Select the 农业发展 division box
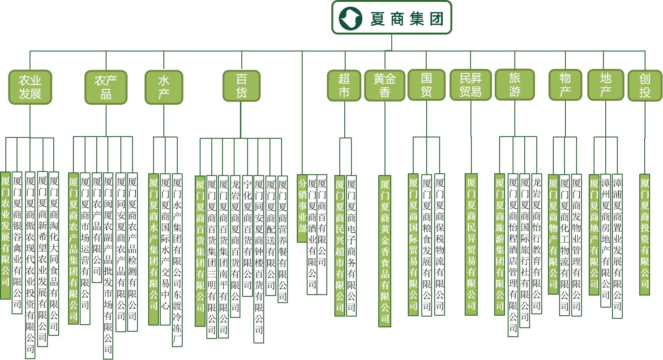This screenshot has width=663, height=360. point(30,87)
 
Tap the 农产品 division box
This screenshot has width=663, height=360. point(106,87)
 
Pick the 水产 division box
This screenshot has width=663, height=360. point(164,87)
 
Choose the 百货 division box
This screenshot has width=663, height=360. point(241,86)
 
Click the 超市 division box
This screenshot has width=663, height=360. point(344,85)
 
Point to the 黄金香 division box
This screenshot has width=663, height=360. point(385,85)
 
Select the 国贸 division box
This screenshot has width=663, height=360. point(426,85)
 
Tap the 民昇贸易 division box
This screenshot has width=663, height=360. point(471,85)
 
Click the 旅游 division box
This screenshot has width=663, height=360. point(515,84)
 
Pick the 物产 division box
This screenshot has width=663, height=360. point(565,85)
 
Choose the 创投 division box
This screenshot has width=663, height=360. point(645,85)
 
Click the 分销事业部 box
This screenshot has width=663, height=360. point(302,208)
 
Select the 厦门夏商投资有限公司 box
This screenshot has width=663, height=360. point(645,234)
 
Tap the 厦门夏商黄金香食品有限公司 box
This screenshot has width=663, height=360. point(385,251)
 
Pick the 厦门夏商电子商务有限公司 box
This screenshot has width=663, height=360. point(351,246)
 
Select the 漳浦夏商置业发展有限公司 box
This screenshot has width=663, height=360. point(617,246)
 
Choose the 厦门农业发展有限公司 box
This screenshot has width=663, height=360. point(5,235)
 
